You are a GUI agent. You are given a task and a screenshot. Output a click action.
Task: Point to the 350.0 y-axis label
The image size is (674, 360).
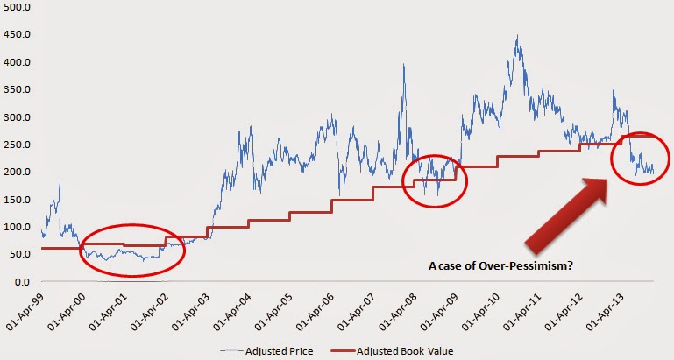[x=18, y=117]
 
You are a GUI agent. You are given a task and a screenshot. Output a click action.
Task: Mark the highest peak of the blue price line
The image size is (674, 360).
[x=518, y=36]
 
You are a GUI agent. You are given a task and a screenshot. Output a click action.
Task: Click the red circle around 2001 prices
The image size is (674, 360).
[x=132, y=249]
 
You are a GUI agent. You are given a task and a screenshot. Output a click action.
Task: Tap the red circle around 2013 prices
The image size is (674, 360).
[x=642, y=160]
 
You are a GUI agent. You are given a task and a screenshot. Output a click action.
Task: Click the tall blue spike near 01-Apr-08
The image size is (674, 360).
[x=403, y=65]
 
